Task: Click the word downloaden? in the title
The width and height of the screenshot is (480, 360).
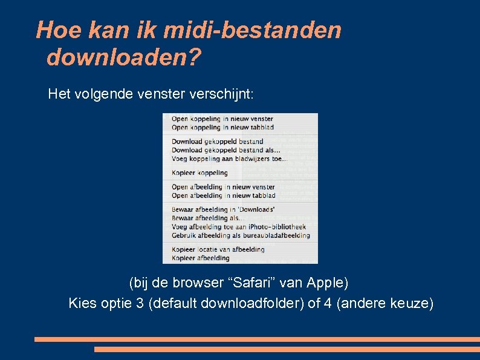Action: click(x=123, y=58)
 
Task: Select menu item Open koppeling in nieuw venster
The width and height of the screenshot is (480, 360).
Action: click(x=222, y=119)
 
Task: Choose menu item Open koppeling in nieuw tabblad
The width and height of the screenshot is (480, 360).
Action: click(x=222, y=128)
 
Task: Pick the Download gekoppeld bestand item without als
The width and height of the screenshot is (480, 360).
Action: click(x=217, y=142)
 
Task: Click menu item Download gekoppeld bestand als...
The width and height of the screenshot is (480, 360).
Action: click(x=225, y=150)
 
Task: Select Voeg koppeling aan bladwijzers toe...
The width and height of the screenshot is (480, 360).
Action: click(x=229, y=159)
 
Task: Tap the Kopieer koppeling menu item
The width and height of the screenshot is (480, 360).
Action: click(x=199, y=173)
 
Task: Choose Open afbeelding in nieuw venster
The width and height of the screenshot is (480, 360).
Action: click(x=223, y=188)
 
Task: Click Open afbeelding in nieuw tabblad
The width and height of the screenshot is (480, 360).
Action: click(x=223, y=195)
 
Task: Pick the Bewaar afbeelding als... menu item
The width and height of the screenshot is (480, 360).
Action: click(x=205, y=218)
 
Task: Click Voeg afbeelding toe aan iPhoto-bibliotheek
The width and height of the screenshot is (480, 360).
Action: click(x=239, y=227)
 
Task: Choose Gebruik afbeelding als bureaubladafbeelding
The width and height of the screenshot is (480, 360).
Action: click(x=241, y=235)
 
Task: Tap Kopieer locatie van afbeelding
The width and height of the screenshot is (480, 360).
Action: click(x=218, y=249)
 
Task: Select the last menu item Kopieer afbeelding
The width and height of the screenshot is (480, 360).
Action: click(x=200, y=258)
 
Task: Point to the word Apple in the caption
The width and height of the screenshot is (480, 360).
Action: click(x=326, y=283)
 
